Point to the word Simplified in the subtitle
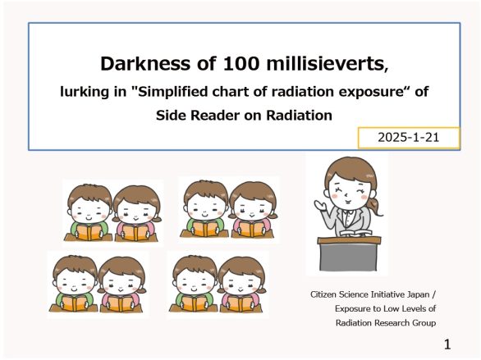(169, 92)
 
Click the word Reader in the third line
(216, 116)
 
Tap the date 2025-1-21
(408, 137)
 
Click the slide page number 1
(447, 344)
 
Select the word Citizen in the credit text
(322, 294)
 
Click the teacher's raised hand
(320, 205)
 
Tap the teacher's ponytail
(377, 206)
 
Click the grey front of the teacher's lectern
(348, 257)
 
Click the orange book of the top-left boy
(89, 233)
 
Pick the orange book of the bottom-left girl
(121, 304)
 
